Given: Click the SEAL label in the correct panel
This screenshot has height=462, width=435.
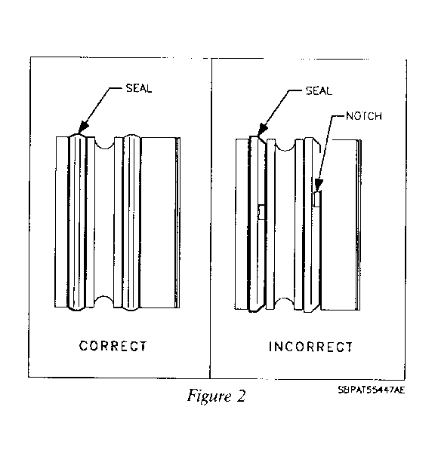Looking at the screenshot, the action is (x=139, y=88).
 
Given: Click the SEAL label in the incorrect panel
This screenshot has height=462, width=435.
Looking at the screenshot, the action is (x=319, y=90).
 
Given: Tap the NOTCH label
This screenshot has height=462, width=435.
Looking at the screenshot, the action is (x=364, y=116).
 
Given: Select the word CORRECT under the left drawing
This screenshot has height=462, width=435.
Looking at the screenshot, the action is (x=113, y=346).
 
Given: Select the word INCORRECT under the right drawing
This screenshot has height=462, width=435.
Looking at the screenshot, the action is (x=310, y=347).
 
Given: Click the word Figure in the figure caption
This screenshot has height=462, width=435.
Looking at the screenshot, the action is (x=209, y=396).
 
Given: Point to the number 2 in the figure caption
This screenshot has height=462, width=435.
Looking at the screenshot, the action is (x=241, y=396).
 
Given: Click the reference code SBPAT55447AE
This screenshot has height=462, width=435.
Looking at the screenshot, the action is (x=372, y=390).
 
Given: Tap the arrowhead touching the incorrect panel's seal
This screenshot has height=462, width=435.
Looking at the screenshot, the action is (x=262, y=130).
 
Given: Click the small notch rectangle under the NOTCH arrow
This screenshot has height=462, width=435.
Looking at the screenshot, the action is (x=317, y=199).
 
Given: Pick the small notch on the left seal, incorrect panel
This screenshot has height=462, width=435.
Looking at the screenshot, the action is (x=261, y=212).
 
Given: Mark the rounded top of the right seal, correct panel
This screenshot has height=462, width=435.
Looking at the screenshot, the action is (x=131, y=136).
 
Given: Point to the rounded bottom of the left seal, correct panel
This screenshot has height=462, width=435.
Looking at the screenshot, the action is (x=77, y=308).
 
